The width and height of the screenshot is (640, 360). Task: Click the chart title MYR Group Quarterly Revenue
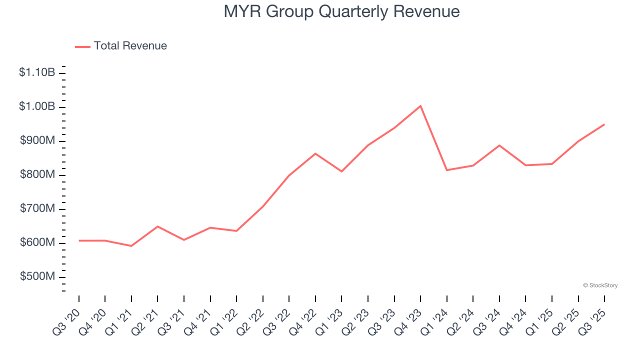coord(341,11)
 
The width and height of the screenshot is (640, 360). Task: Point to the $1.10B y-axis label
coord(37,72)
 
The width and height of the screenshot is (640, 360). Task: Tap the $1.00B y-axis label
coord(37,106)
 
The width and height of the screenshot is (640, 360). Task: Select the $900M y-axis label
coord(37,140)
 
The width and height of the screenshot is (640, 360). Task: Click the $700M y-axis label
coord(37,208)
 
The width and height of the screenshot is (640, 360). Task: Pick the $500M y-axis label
coord(37,276)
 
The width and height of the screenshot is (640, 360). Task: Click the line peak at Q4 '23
coord(420,106)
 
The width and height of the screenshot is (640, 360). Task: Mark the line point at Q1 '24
coord(447,170)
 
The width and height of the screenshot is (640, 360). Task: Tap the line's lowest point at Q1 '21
coord(131,246)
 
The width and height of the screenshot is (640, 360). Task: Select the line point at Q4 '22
coord(315,153)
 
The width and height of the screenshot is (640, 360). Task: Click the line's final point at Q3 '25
coord(604,124)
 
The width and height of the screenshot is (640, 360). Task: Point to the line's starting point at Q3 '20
coord(79,240)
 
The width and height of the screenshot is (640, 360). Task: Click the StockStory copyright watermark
coord(600,285)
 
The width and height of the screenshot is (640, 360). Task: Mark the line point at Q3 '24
coord(499,145)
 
